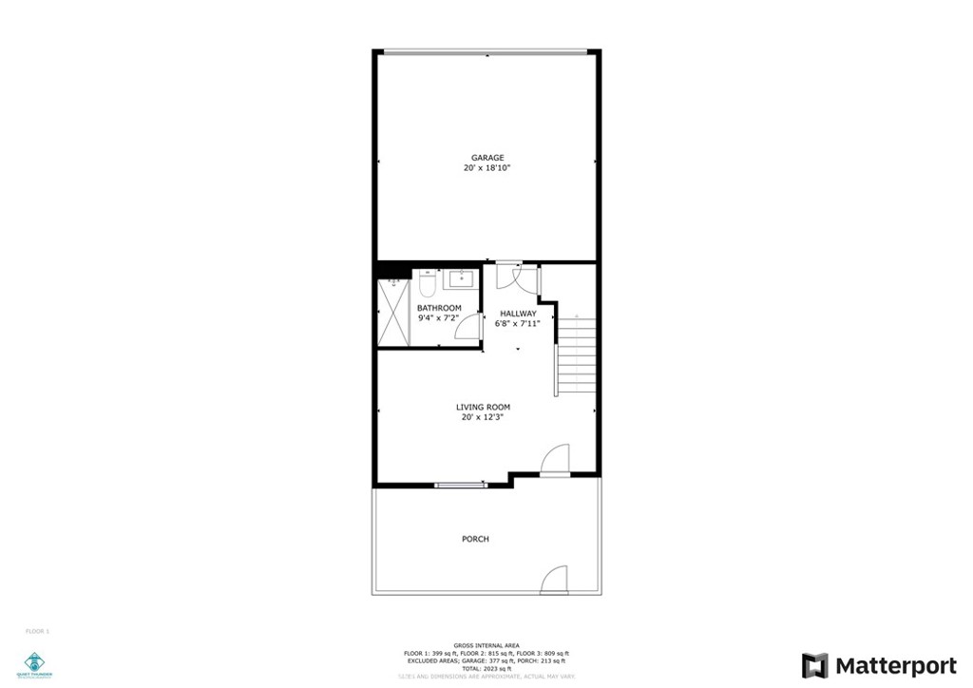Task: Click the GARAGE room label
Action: (x=487, y=158)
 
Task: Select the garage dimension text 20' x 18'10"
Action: (x=487, y=168)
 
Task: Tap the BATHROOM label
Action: (x=439, y=308)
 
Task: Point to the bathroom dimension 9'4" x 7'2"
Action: (x=439, y=318)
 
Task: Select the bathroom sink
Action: (x=463, y=278)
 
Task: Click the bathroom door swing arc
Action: (x=467, y=327)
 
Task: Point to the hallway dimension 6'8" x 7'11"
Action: (x=518, y=324)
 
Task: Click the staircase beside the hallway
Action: (x=576, y=355)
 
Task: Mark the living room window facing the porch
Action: (x=461, y=486)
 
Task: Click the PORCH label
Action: (x=475, y=539)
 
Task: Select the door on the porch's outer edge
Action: (x=554, y=580)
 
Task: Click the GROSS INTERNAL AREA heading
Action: (x=486, y=645)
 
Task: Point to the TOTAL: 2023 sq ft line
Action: (x=486, y=668)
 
